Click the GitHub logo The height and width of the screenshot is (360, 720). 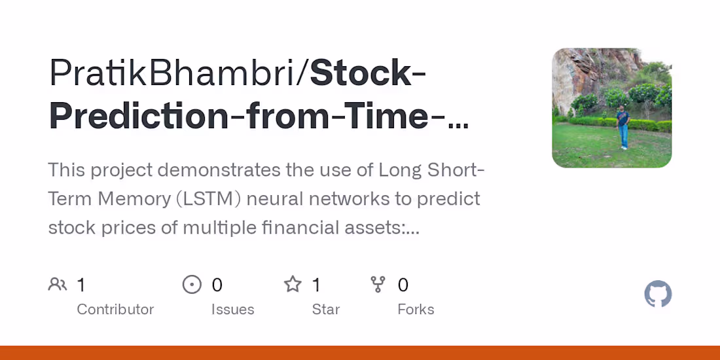pyautogui.click(x=658, y=295)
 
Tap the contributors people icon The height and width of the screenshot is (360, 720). pyautogui.click(x=58, y=285)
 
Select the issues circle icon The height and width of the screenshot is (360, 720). pyautogui.click(x=192, y=285)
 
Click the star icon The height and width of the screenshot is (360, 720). pyautogui.click(x=293, y=285)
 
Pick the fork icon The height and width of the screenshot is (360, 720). pyautogui.click(x=378, y=285)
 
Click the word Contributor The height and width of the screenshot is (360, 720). pyautogui.click(x=115, y=309)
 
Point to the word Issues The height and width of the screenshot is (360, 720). pyautogui.click(x=232, y=309)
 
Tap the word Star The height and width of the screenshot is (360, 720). pyautogui.click(x=326, y=309)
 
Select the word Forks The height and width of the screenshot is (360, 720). pyautogui.click(x=416, y=309)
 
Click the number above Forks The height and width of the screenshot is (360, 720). pyautogui.click(x=403, y=285)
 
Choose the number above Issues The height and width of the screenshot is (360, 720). pyautogui.click(x=217, y=285)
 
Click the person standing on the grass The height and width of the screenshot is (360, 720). pyautogui.click(x=622, y=128)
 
